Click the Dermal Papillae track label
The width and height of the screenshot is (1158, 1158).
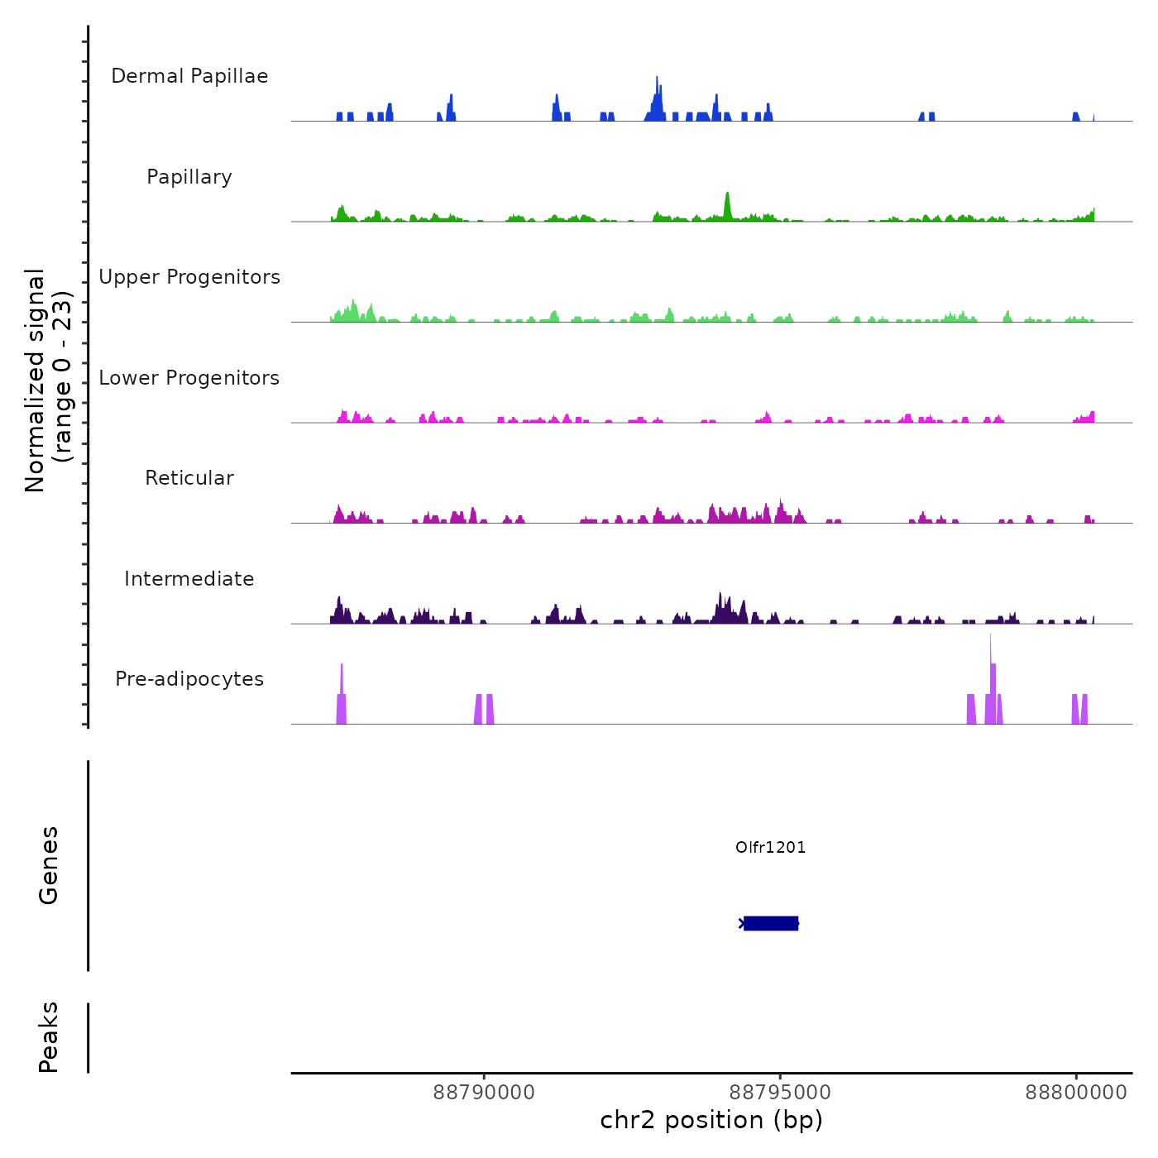(189, 76)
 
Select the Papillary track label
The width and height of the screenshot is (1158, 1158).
(189, 177)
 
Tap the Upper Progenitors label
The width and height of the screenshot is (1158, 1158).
(189, 277)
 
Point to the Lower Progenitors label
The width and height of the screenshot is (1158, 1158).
(189, 378)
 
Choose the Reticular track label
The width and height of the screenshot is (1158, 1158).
(189, 478)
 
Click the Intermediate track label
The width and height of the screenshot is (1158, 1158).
(189, 579)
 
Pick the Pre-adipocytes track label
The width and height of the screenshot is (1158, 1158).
(189, 679)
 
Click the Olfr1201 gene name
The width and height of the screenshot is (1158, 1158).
(770, 847)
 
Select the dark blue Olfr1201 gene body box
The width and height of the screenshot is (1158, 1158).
(771, 923)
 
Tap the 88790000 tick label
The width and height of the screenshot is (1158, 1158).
(484, 1093)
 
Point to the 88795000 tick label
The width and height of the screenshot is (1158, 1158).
(780, 1093)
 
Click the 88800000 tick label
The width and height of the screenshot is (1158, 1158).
(1076, 1093)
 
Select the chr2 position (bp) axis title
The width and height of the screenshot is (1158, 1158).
(711, 1120)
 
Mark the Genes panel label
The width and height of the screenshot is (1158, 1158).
(49, 865)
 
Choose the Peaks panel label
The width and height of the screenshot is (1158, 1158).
(49, 1037)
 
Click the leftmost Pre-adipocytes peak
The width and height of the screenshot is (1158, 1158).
(342, 695)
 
